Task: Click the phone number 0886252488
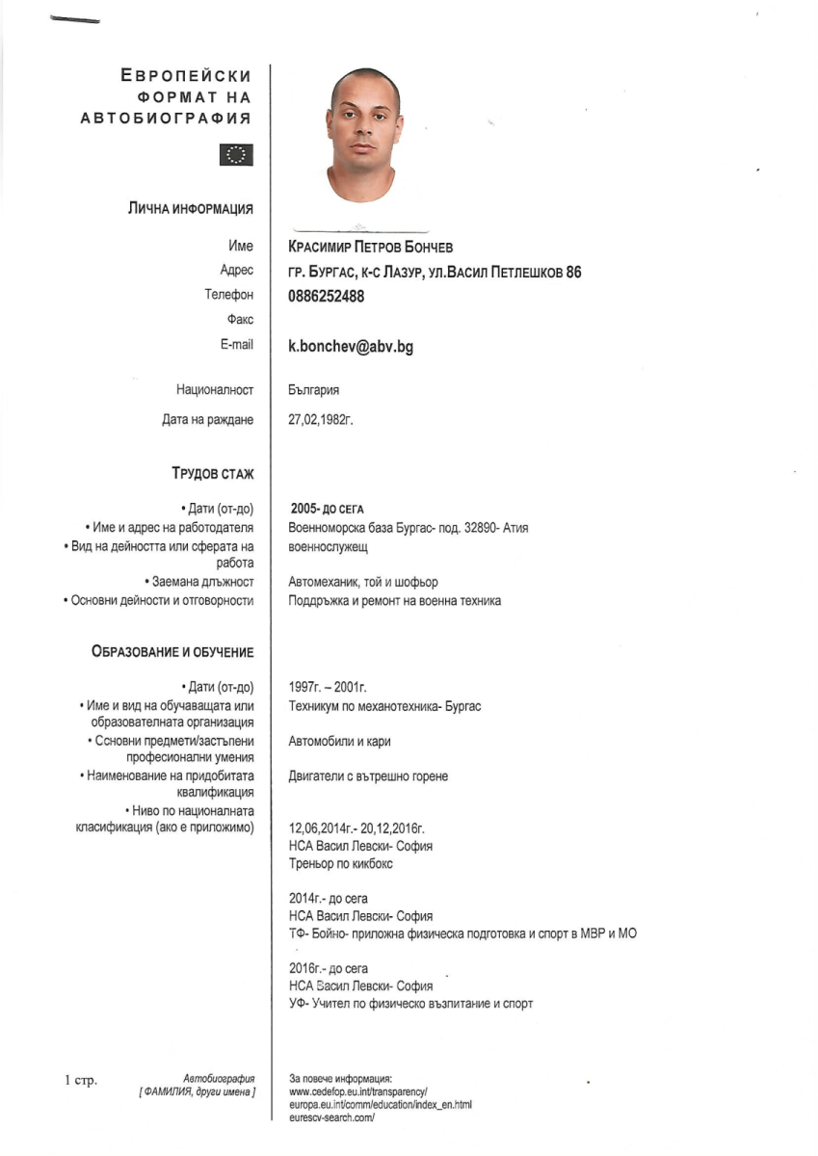pos(327,297)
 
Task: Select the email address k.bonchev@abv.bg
pos(351,347)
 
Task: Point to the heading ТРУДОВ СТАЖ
pos(213,473)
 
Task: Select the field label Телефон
pos(229,296)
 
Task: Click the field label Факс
pos(241,320)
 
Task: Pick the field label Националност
pos(215,390)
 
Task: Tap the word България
pos(314,390)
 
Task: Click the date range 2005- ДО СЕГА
pos(328,509)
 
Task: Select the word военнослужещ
pos(329,546)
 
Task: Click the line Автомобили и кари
pos(339,741)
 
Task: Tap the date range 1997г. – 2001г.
pos(328,688)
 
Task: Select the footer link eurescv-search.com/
pos(331,1117)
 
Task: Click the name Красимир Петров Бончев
pos(370,248)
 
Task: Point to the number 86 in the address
pos(573,273)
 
